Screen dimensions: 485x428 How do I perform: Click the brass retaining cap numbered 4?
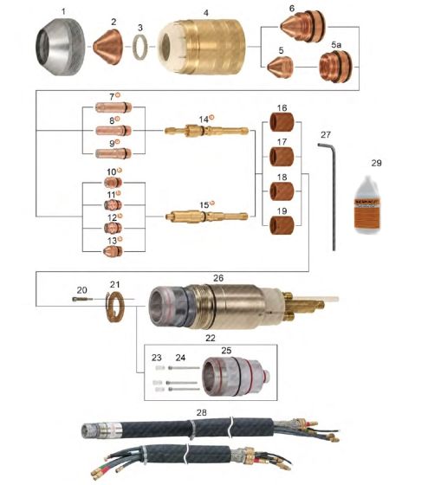tap(204, 49)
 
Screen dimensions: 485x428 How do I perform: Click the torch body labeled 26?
tap(225, 305)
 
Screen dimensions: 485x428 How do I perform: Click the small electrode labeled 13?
tap(113, 250)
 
